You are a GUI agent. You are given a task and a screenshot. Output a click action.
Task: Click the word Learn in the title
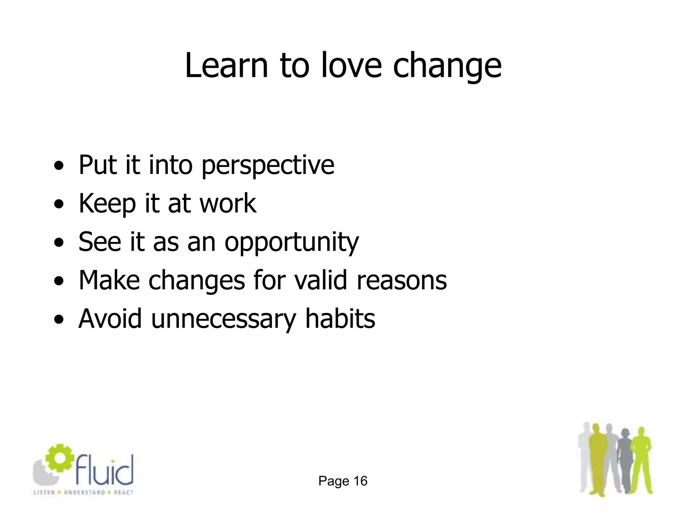pos(226,65)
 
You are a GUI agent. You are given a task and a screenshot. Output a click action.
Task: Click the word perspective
pos(268,165)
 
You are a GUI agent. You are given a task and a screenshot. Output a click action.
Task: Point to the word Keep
pos(108,204)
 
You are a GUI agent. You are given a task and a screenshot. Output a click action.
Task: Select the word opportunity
pos(291,242)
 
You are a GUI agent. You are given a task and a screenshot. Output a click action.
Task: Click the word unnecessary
pos(223,319)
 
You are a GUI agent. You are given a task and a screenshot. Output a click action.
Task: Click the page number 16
pos(360,481)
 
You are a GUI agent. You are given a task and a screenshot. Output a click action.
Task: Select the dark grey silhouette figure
pos(624,459)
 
